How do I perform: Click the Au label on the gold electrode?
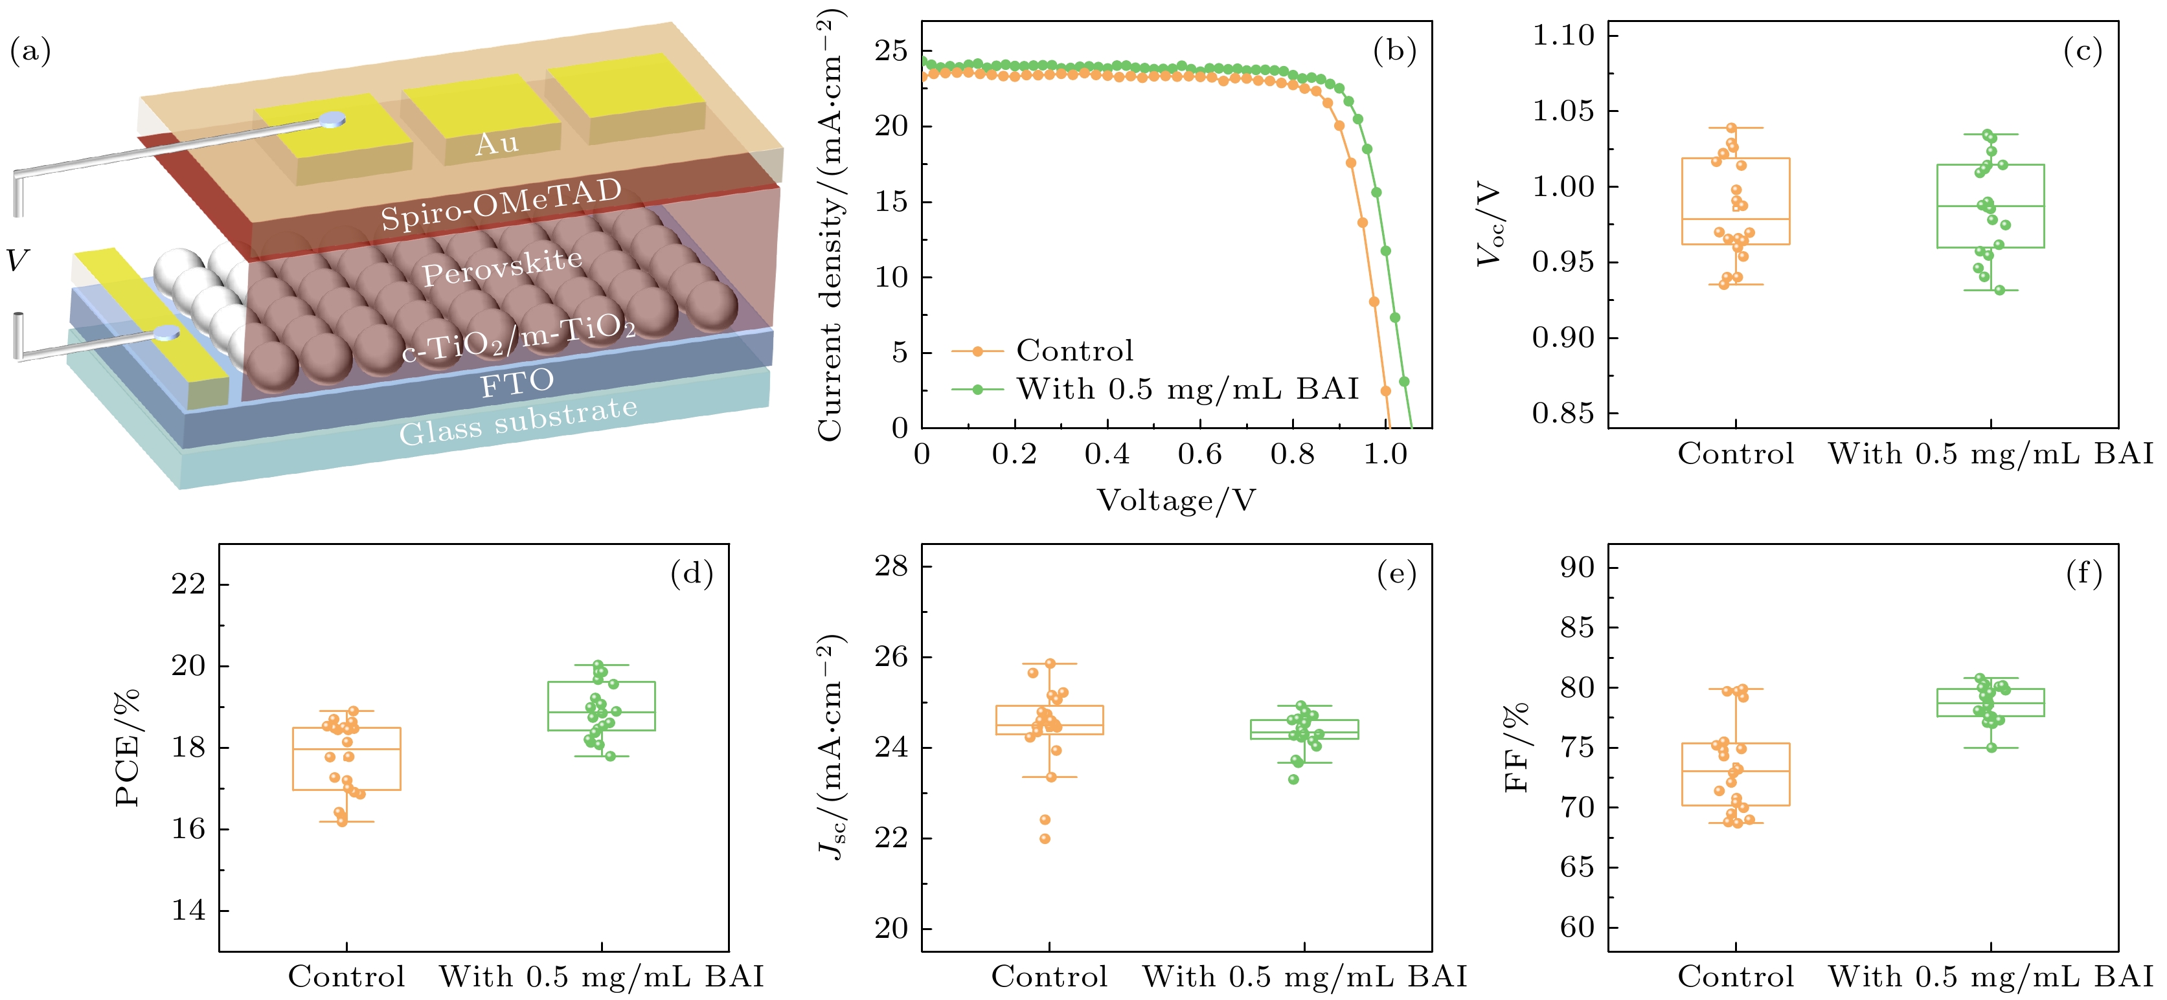click(x=497, y=143)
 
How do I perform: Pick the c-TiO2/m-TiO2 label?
click(x=518, y=337)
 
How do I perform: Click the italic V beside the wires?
click(x=17, y=261)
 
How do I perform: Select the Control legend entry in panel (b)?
click(x=1074, y=350)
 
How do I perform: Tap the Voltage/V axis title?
click(x=1176, y=500)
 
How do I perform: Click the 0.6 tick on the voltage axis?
click(x=1199, y=454)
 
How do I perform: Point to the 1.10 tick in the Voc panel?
click(x=1563, y=36)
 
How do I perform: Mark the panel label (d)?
click(x=692, y=573)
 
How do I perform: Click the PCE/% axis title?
click(x=127, y=748)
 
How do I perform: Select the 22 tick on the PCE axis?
click(x=188, y=584)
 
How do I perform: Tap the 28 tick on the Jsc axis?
click(x=892, y=566)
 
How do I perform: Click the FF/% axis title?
click(x=1516, y=748)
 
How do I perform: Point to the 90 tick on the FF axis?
click(x=1577, y=568)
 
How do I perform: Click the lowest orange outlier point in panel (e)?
click(x=1045, y=839)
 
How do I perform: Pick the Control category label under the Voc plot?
click(x=1736, y=454)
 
